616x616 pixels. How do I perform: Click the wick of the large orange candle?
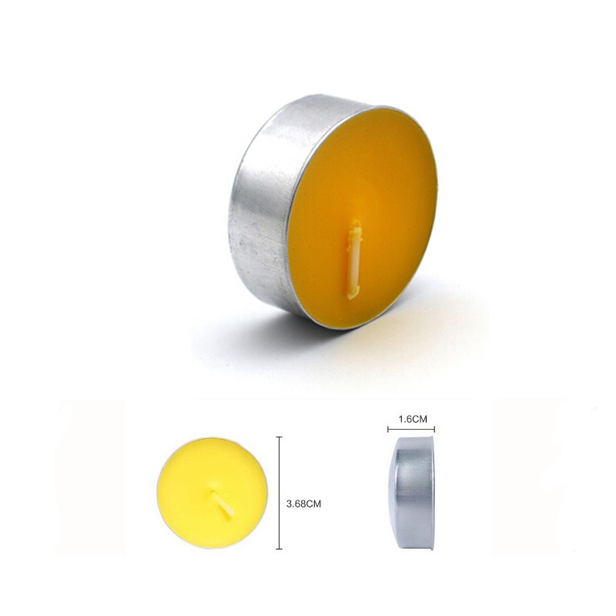(354, 259)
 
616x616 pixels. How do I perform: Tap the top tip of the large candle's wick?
(357, 221)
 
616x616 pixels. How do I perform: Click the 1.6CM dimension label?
(413, 419)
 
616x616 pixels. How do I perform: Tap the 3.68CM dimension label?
(303, 504)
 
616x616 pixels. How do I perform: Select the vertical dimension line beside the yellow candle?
(279, 493)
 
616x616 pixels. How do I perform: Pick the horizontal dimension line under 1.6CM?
(411, 430)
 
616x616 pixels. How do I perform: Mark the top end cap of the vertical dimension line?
(279, 437)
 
